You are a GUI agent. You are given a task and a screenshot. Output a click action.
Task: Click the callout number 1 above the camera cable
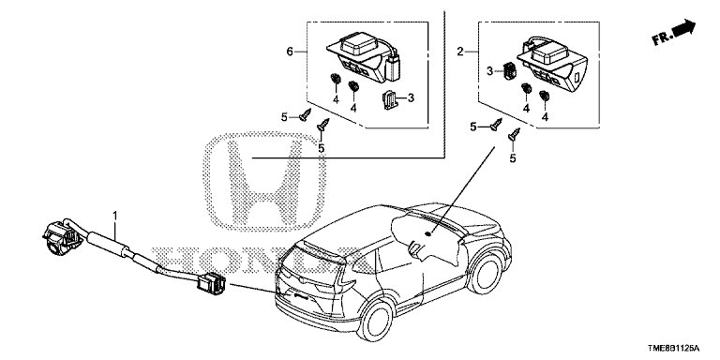coord(115,216)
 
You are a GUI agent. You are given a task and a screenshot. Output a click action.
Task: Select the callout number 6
coord(290,52)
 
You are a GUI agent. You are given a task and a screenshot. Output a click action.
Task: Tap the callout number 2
coord(460,52)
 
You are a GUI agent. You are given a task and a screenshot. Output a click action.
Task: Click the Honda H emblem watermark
coord(264,182)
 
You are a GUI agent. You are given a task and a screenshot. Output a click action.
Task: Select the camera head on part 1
coord(60,236)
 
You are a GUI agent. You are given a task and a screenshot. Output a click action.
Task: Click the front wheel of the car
coord(486,274)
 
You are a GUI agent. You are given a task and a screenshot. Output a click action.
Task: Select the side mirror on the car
coord(415,247)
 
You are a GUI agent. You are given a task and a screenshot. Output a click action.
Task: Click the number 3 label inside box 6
coord(411,97)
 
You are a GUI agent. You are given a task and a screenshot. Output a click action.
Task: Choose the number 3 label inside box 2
coord(490,71)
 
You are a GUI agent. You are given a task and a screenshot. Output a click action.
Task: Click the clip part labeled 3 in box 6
coord(389,99)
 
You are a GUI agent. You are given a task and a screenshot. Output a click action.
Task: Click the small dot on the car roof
coord(428,233)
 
